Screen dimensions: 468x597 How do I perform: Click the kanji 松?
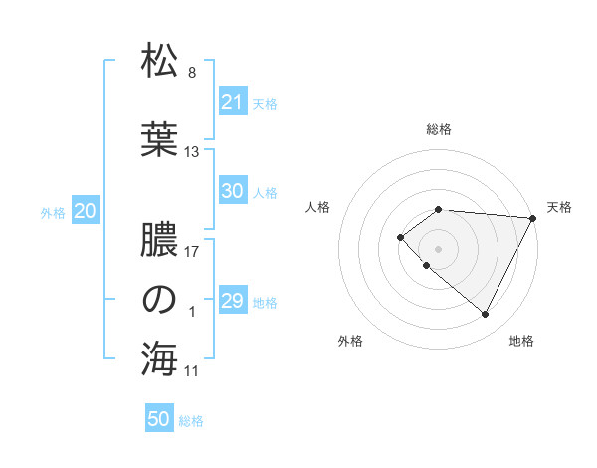click(x=160, y=62)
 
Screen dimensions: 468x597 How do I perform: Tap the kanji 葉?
click(x=160, y=139)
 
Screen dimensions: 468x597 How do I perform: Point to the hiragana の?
click(x=160, y=300)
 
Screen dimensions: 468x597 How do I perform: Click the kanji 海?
click(x=160, y=358)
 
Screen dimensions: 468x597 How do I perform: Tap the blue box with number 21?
click(x=233, y=102)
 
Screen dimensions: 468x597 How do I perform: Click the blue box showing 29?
click(x=233, y=301)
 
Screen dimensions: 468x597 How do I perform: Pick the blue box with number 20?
click(x=86, y=211)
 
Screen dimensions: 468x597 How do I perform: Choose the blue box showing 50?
click(x=159, y=419)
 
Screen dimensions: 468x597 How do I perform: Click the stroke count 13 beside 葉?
click(x=192, y=152)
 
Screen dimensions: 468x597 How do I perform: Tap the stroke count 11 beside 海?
click(x=192, y=371)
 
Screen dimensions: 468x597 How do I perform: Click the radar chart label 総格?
click(x=439, y=129)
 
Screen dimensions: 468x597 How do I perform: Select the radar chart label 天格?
click(x=559, y=207)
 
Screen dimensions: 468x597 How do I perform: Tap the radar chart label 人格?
click(x=318, y=207)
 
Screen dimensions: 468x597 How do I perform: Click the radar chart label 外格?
click(x=350, y=341)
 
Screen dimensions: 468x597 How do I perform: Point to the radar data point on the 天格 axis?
click(x=533, y=218)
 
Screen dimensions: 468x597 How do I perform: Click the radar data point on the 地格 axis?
click(x=485, y=315)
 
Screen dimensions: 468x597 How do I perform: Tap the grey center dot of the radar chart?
click(x=438, y=248)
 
